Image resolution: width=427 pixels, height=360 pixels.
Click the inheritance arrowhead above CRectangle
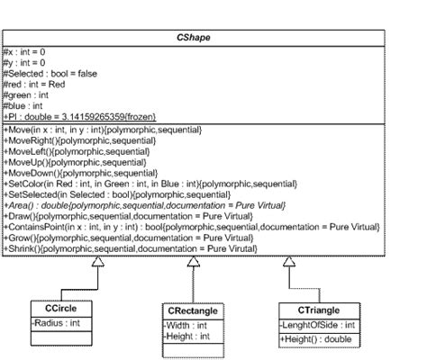(194, 262)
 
